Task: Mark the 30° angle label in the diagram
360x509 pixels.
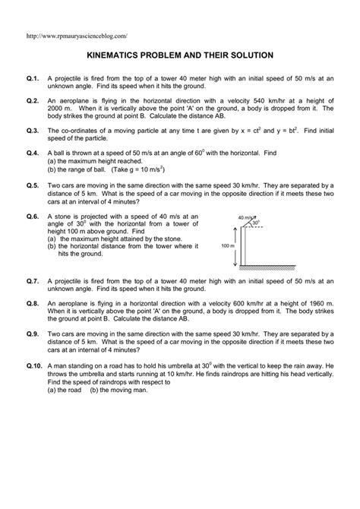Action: [256, 224]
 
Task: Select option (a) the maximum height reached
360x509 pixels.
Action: [95, 161]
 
